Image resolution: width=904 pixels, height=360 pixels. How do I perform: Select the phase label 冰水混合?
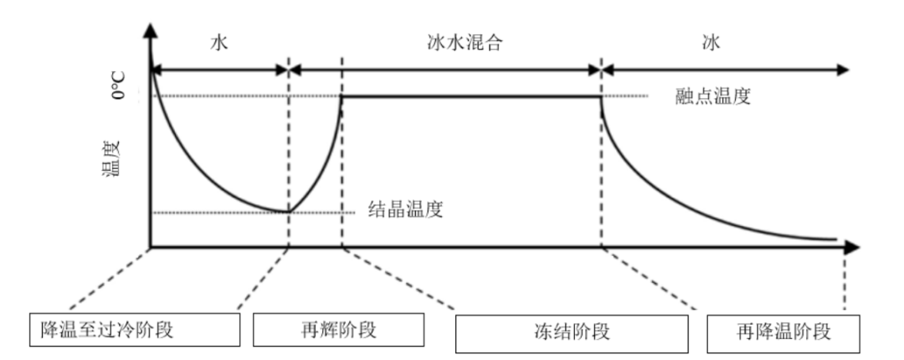tap(460, 44)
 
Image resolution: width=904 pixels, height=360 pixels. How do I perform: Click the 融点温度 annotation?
tap(712, 95)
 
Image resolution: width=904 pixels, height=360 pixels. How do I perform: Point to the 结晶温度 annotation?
tap(405, 209)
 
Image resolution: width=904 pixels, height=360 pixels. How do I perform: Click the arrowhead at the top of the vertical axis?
tap(150, 32)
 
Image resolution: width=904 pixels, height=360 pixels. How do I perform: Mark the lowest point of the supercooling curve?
tap(289, 211)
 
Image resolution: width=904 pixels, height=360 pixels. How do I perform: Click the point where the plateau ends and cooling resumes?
tap(602, 97)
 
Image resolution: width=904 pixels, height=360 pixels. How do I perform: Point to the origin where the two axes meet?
tap(151, 247)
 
